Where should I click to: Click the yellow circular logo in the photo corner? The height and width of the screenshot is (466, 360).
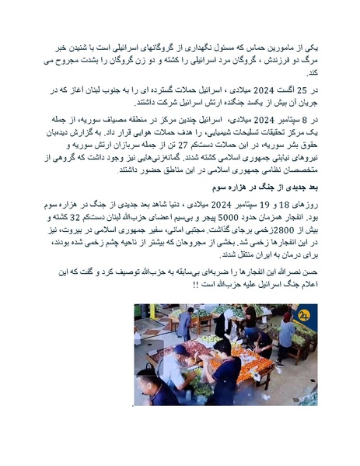click(x=304, y=314)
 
